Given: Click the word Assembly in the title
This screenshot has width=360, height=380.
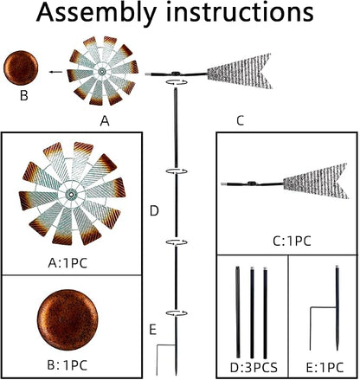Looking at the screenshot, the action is (x=96, y=13).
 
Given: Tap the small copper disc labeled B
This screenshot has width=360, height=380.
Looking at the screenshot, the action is (x=21, y=68).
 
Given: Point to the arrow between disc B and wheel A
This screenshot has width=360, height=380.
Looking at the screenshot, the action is (x=55, y=72).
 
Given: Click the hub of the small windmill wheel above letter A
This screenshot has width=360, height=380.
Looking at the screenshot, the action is (x=102, y=71).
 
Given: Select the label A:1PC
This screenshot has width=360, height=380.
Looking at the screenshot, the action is (x=67, y=263).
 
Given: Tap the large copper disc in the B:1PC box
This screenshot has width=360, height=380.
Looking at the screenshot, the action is (x=67, y=319).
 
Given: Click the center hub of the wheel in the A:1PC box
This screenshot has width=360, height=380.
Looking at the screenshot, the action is (x=71, y=195).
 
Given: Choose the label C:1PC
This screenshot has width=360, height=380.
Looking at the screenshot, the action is (x=292, y=241).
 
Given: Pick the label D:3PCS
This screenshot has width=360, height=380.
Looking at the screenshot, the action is (x=254, y=368).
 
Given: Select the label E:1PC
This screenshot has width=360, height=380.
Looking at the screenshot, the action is (x=325, y=368).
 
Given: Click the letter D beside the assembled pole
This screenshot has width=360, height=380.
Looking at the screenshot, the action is (x=154, y=211).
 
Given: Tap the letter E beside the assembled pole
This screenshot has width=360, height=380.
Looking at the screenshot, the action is (x=153, y=330).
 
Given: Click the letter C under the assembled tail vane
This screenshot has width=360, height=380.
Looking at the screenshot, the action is (x=240, y=120).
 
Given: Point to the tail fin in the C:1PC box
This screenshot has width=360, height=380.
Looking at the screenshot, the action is (x=316, y=181).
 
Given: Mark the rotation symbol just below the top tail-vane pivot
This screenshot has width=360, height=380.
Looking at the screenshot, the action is (x=177, y=82).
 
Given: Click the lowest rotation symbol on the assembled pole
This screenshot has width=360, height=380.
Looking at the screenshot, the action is (x=177, y=313).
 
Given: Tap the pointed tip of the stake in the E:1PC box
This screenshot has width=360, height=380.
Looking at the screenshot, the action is (x=337, y=350).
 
